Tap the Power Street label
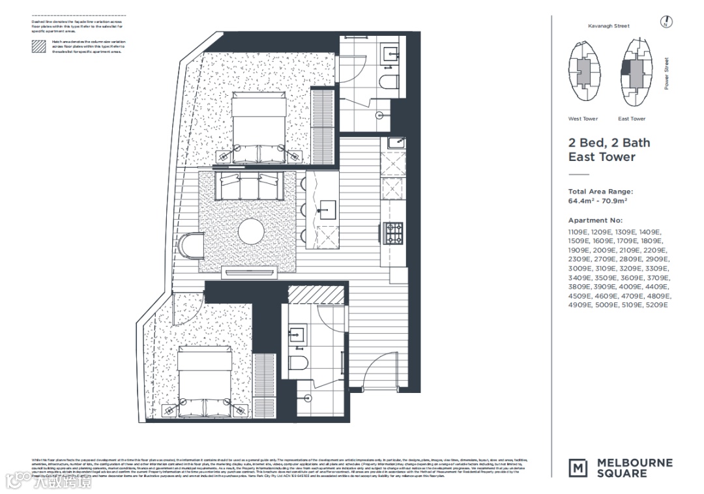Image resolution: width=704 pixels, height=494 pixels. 667,74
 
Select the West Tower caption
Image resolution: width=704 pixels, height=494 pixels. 583,119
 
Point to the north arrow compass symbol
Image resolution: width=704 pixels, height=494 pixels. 666,23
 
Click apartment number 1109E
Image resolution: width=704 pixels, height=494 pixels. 579,231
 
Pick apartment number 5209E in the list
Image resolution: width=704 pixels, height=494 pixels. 657,304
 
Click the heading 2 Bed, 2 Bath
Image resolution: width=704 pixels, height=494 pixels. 609,143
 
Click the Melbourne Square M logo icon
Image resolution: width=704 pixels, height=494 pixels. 578,467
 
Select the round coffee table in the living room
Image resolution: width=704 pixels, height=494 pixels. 251,231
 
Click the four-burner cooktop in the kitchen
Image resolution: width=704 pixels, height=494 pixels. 394,233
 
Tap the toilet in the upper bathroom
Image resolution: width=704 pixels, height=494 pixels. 390,80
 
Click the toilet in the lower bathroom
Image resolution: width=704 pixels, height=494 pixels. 299,362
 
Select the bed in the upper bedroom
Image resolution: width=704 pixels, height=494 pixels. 259,128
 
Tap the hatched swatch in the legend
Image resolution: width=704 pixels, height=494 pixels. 40,46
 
